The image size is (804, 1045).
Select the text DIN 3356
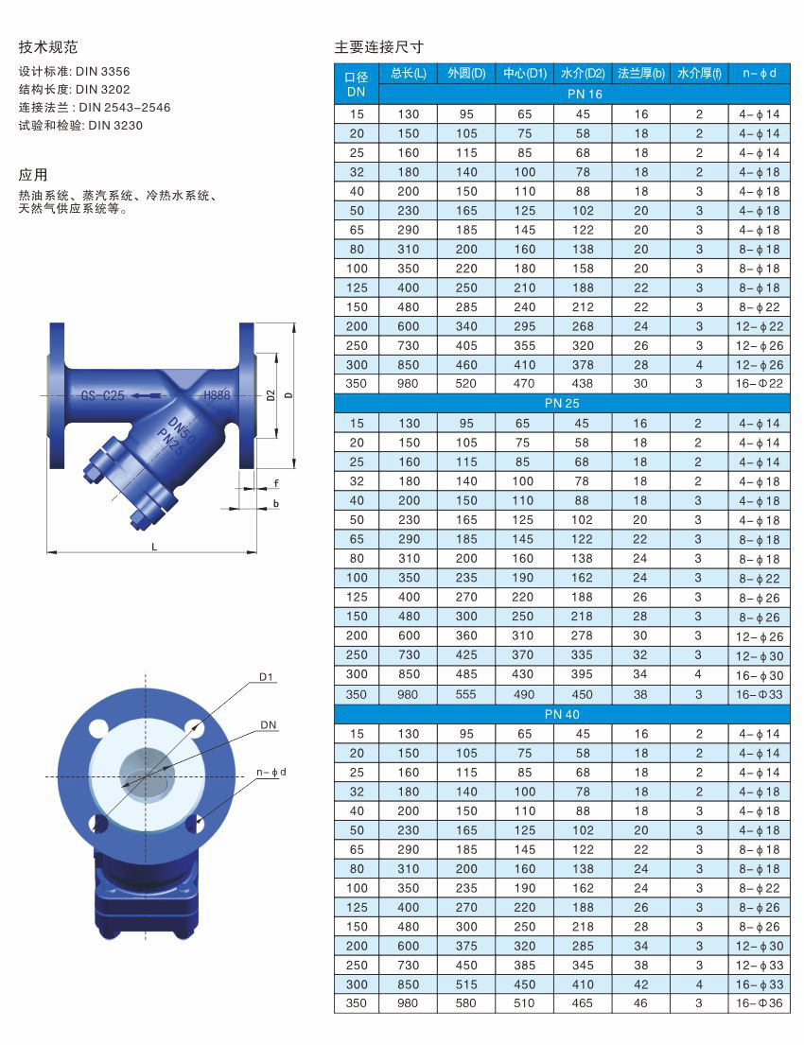click(x=103, y=71)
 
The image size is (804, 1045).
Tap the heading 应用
click(x=33, y=175)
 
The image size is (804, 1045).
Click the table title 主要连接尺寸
click(x=378, y=46)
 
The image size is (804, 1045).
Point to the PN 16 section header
click(x=584, y=94)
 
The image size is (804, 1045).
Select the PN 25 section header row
click(x=562, y=403)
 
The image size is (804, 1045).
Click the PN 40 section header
click(x=562, y=714)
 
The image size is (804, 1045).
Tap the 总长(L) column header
click(x=408, y=74)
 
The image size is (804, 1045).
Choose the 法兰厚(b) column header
click(x=641, y=74)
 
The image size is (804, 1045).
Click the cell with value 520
click(x=466, y=384)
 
